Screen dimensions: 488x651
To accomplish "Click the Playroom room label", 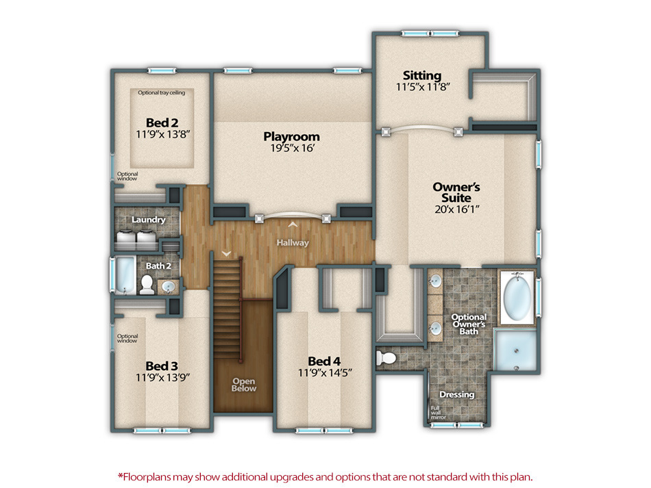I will pos(291,137).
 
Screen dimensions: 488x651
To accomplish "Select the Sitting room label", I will pos(422,75).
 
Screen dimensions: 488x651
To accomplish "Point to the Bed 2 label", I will pos(162,123).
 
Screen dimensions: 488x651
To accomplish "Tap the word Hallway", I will pos(293,243).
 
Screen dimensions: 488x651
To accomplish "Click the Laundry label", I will pos(148,220).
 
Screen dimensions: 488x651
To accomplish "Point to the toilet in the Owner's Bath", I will pos(388,357).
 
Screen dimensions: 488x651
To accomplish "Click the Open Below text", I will pos(244,385).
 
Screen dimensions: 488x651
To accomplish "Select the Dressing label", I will pos(456,395).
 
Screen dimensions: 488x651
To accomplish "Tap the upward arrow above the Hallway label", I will pos(293,224).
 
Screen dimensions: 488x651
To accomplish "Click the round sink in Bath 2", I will pos(167,286).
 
